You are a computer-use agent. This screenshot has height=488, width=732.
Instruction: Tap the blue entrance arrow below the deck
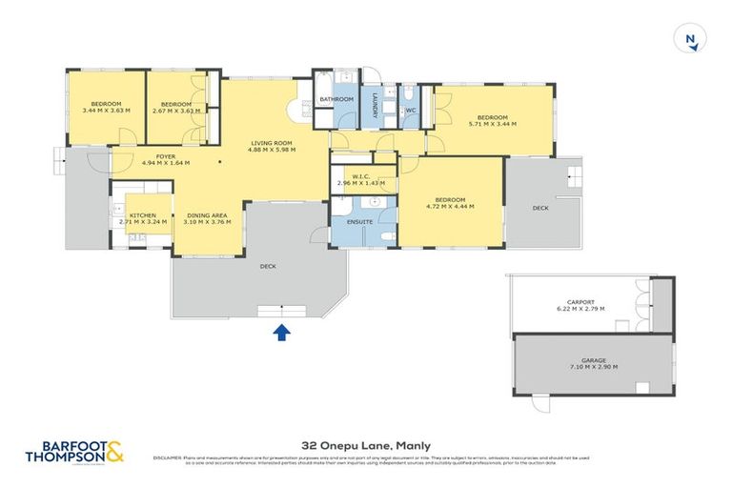[282, 332]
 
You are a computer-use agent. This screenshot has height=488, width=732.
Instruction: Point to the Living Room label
[271, 143]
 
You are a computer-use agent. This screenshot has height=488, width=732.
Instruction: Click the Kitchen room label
[142, 215]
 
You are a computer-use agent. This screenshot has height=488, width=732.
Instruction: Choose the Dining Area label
[207, 215]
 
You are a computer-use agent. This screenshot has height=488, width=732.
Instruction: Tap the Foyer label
[166, 156]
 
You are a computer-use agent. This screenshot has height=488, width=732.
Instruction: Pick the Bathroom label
[336, 99]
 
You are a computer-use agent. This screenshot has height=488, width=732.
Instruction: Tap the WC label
[411, 111]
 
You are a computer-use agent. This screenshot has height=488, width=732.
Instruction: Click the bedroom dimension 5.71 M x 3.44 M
[492, 123]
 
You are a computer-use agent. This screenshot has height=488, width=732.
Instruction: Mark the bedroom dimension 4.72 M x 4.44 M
[450, 205]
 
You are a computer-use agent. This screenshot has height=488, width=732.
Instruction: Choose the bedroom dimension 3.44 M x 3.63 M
[106, 111]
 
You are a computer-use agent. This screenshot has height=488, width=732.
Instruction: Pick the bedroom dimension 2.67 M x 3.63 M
[176, 111]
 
